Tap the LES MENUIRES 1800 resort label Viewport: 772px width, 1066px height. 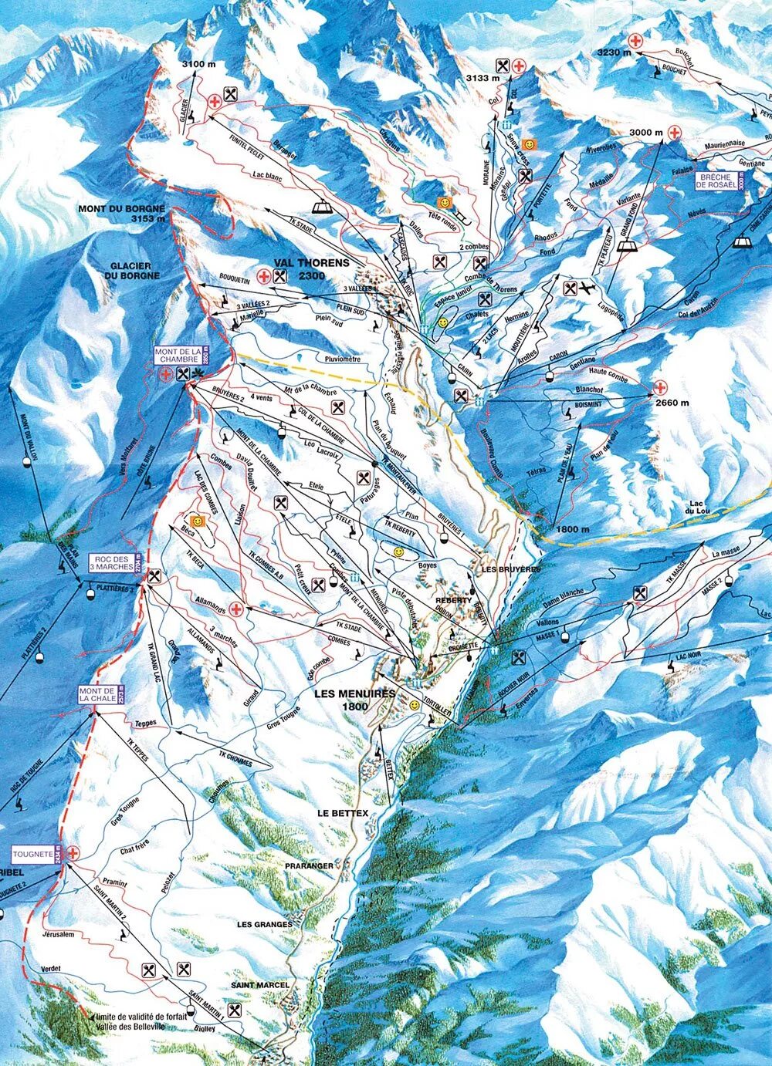click(354, 699)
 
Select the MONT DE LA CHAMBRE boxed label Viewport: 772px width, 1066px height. click(178, 355)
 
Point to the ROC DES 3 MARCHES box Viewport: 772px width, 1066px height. click(113, 563)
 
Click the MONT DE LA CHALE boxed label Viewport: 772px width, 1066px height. click(96, 695)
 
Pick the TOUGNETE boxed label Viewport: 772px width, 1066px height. click(32, 855)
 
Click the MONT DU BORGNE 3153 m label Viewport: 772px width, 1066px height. click(122, 213)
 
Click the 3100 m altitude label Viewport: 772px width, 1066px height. click(198, 64)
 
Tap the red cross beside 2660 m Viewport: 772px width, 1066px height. click(660, 387)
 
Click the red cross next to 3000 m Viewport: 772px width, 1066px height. click(674, 133)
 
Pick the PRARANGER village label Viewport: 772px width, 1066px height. click(309, 866)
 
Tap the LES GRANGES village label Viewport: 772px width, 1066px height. click(265, 924)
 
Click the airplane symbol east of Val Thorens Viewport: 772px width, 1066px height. click(589, 288)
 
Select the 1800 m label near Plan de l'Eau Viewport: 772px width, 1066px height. click(572, 529)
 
